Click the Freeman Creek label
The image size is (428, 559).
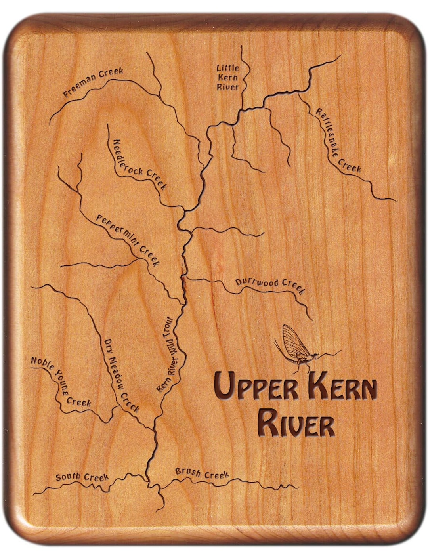(94, 82)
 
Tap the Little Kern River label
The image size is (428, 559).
(228, 78)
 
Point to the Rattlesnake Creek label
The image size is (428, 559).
(338, 141)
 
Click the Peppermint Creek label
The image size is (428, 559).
(128, 240)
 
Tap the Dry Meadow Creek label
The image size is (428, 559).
(121, 375)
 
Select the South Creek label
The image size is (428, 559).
(82, 477)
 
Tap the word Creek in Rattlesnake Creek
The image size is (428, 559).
(350, 165)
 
